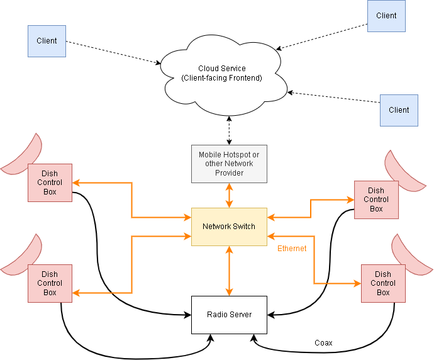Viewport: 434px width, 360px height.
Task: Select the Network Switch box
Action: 229,227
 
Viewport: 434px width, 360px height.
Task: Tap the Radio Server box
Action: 229,315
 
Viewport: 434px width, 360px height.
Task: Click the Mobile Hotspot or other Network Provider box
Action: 229,164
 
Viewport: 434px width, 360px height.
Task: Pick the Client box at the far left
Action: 47,41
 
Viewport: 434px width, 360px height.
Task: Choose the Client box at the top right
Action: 386,16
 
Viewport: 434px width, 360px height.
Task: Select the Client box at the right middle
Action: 399,110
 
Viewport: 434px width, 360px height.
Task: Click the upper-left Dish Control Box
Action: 50,183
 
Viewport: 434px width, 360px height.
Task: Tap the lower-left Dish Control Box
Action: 50,283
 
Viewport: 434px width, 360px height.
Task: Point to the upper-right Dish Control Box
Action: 376,200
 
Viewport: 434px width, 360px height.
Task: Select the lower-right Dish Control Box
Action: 383,283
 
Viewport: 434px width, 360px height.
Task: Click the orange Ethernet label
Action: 292,249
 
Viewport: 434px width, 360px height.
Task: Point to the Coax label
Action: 323,343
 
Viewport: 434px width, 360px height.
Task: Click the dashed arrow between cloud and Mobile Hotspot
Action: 229,130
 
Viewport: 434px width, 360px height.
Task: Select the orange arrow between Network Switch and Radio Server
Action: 229,271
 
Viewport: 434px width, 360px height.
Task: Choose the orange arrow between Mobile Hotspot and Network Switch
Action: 229,195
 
